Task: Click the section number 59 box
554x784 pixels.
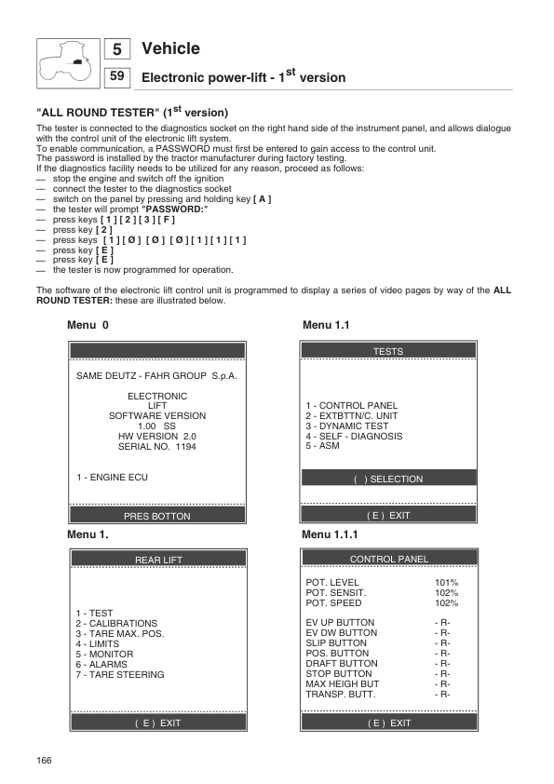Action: [x=117, y=77]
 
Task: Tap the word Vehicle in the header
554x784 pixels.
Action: [x=170, y=48]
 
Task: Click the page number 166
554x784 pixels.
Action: [x=44, y=761]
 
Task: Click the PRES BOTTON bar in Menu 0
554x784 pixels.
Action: [x=156, y=516]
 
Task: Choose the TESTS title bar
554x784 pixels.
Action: [x=388, y=351]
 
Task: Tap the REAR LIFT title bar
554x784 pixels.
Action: [x=158, y=560]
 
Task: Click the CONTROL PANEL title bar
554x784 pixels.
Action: [x=388, y=560]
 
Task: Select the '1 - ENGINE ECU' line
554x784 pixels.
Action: [x=112, y=478]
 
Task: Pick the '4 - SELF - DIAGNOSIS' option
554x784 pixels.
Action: [x=354, y=436]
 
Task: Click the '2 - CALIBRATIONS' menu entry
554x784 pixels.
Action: [x=116, y=624]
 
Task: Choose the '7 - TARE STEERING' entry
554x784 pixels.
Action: [x=119, y=675]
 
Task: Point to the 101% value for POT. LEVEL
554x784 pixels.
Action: [x=447, y=583]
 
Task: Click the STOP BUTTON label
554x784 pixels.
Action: [x=339, y=674]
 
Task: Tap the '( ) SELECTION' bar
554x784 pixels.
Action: [x=388, y=480]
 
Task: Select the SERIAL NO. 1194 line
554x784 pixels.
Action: [x=156, y=447]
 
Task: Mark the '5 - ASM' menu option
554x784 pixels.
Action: [x=322, y=446]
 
